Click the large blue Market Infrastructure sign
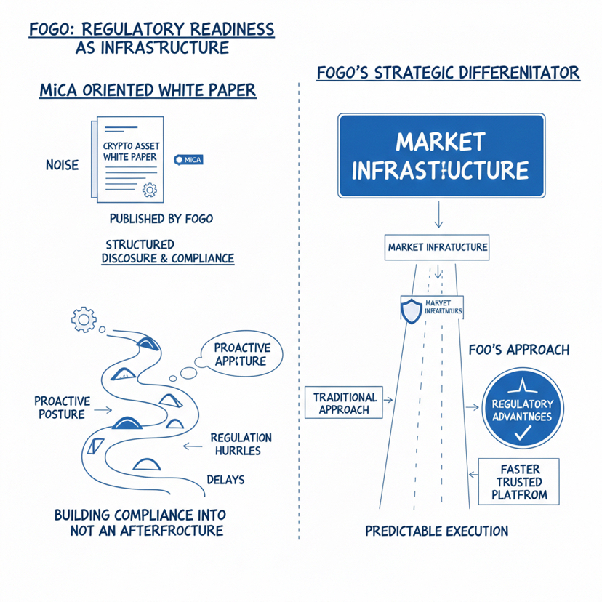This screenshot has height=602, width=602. tap(441, 156)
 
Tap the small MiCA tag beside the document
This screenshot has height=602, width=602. tap(189, 159)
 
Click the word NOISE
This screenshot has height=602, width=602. tap(62, 165)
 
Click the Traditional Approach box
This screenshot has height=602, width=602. tap(345, 403)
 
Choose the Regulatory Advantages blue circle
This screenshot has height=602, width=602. tap(522, 410)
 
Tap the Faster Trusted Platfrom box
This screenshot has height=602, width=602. tap(519, 482)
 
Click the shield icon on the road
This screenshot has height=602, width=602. tap(411, 310)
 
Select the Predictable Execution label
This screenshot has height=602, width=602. tap(436, 531)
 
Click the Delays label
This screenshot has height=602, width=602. tap(225, 480)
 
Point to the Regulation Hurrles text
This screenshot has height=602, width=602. tap(241, 444)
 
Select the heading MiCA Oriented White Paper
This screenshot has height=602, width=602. tap(147, 90)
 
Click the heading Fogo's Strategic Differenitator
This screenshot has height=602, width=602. tap(449, 73)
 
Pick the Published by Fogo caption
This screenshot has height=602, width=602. tap(161, 218)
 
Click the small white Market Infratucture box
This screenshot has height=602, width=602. tap(437, 247)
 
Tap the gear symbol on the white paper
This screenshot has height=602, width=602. tap(150, 190)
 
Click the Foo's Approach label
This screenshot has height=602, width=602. tap(518, 350)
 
